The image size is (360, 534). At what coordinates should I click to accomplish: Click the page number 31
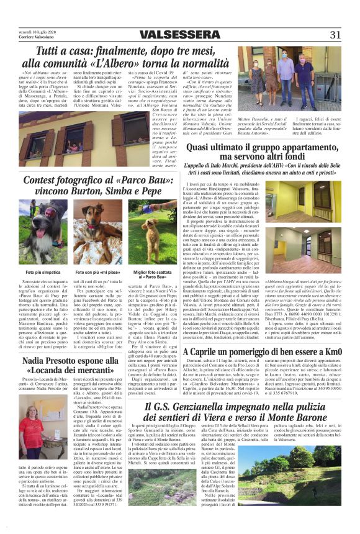[x=335, y=35]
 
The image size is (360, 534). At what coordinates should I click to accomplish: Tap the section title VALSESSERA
[x=179, y=35]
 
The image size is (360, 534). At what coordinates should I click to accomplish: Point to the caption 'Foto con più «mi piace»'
[x=96, y=272]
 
